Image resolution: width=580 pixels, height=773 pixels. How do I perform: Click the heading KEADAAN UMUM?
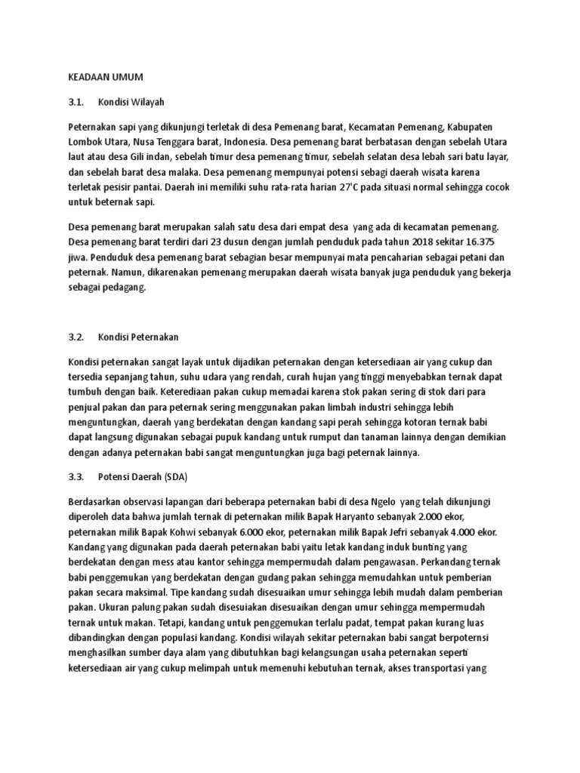[105, 77]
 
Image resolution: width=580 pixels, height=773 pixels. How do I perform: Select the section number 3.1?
[77, 101]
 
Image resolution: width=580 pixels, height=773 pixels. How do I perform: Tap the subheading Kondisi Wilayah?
[131, 101]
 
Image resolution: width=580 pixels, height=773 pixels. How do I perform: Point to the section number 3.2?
[77, 336]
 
